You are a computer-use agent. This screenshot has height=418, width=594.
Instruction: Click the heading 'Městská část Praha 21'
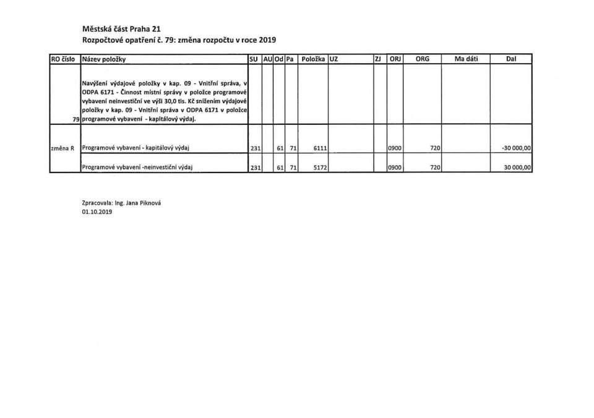(x=117, y=28)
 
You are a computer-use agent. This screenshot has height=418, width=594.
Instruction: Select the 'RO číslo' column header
(x=63, y=59)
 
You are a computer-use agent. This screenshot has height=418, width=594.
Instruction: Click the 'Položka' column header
(x=313, y=59)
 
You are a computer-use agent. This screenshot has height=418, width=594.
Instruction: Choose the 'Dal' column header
(x=510, y=59)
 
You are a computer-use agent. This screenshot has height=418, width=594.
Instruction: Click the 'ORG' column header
(x=423, y=59)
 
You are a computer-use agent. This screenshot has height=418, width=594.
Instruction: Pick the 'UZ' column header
(x=334, y=59)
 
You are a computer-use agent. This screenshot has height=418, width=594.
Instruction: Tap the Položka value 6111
(x=319, y=148)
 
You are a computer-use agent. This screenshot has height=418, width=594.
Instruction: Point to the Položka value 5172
(x=319, y=168)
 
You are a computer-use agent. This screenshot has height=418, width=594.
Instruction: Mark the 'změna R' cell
(x=62, y=148)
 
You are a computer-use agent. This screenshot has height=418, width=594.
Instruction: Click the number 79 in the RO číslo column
(x=76, y=119)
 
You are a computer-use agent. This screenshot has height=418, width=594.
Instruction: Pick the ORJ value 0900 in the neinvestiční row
(x=394, y=168)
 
